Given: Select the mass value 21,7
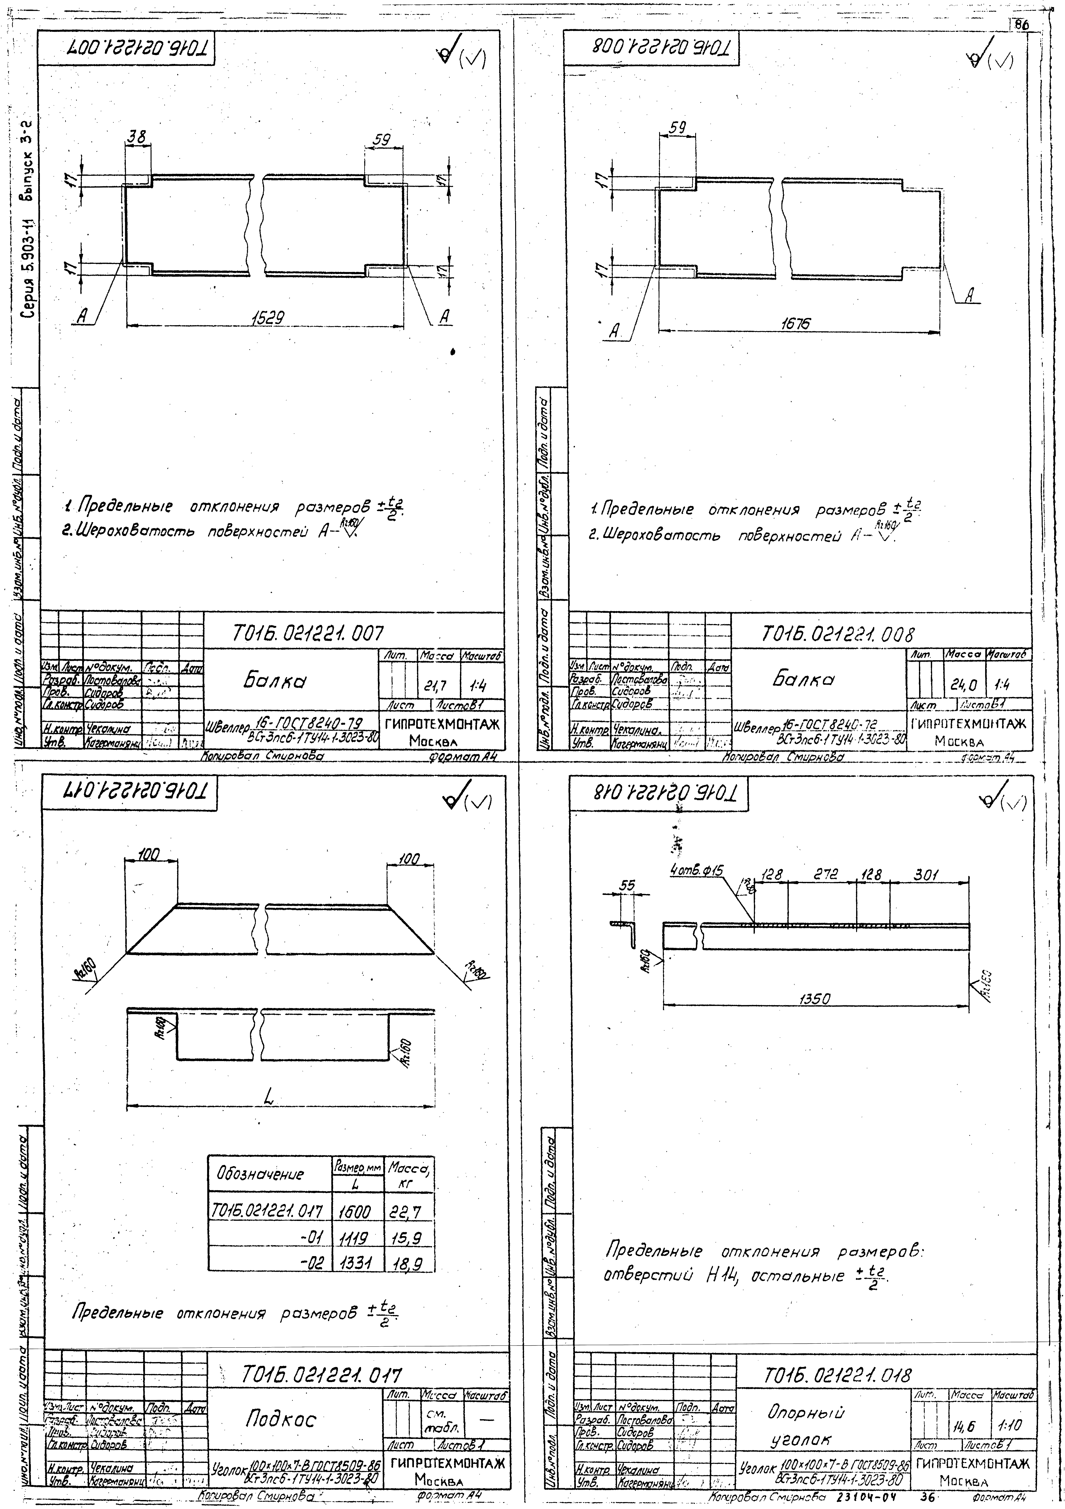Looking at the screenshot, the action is click(436, 687).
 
